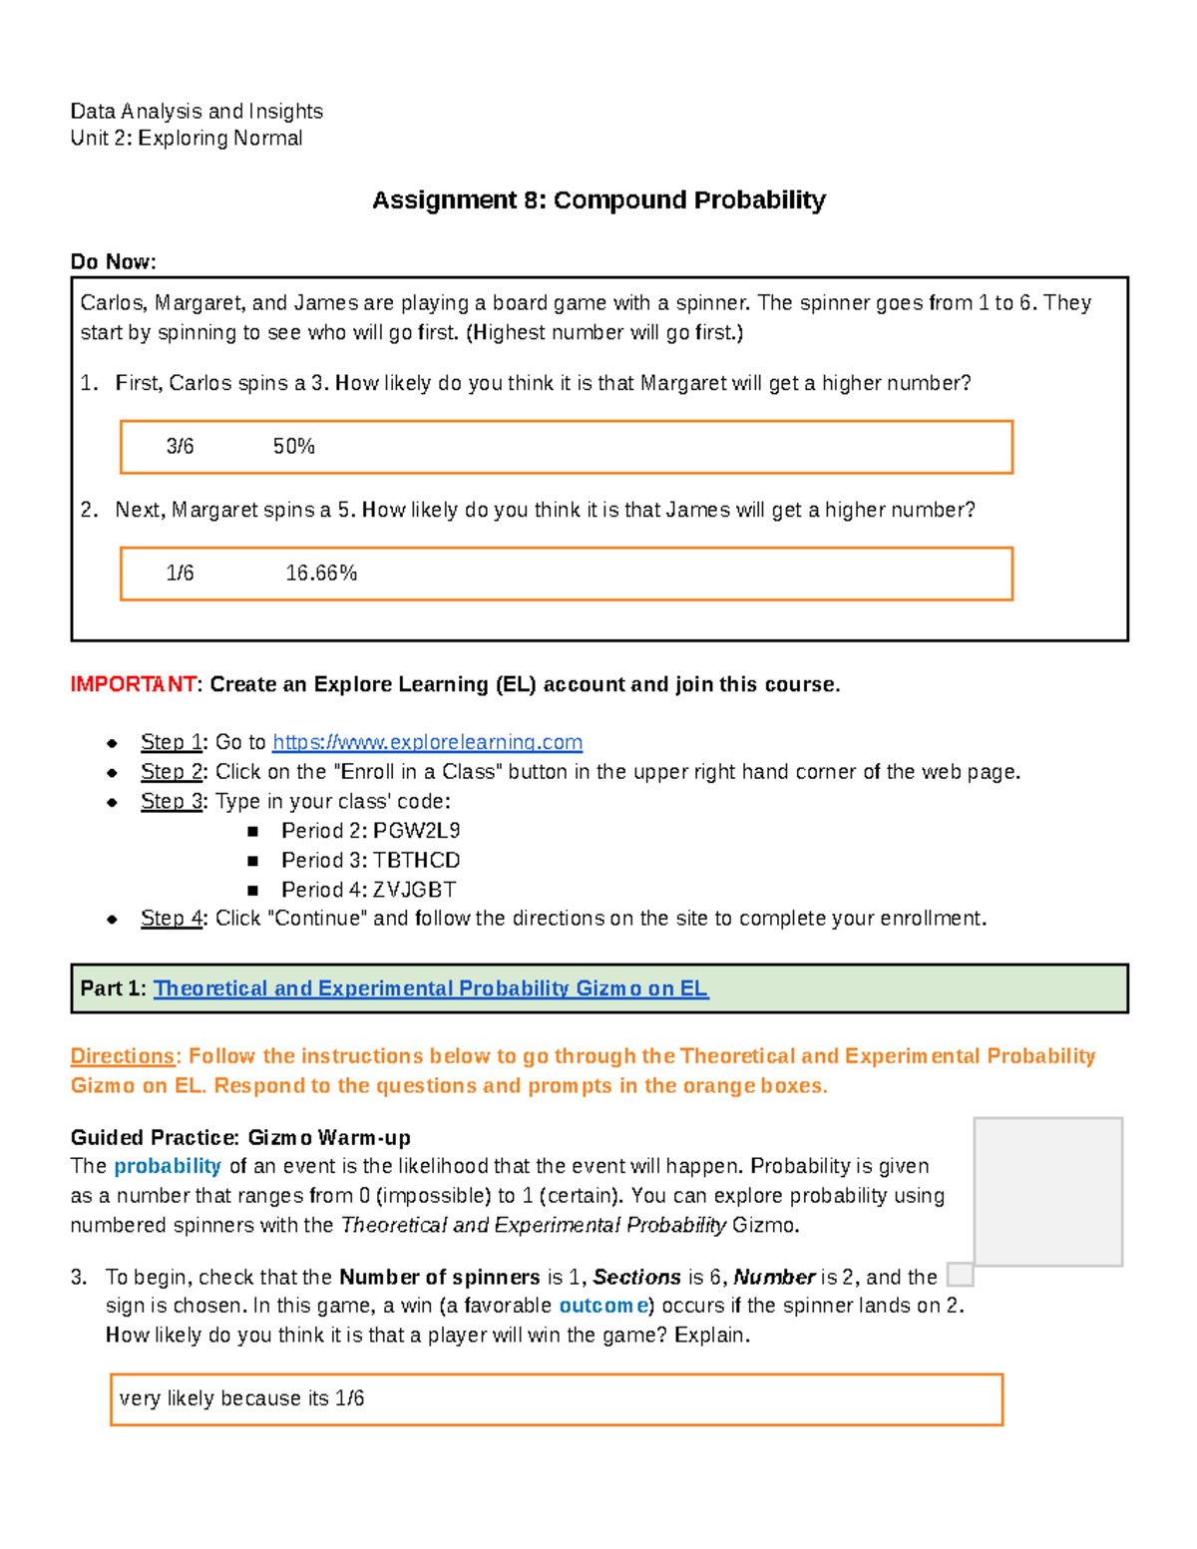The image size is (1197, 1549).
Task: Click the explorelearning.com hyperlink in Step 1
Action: click(427, 742)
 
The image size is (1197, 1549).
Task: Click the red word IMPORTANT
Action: click(133, 684)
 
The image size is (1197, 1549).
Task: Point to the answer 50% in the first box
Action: click(294, 447)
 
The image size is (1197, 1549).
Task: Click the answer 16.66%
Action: click(321, 574)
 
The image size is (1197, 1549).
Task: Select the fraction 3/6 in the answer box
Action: click(181, 447)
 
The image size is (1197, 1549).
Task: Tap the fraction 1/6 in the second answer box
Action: click(181, 574)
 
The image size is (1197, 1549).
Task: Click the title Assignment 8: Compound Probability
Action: click(598, 200)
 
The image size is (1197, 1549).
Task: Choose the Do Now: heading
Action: click(113, 262)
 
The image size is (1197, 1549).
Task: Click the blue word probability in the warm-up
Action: click(167, 1166)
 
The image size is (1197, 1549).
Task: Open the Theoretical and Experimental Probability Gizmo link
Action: click(430, 988)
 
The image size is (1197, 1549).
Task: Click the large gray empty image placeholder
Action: click(1047, 1191)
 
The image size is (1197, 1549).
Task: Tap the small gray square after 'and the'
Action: click(960, 1275)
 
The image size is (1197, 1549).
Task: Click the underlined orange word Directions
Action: click(122, 1056)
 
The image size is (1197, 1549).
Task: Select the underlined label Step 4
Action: click(172, 919)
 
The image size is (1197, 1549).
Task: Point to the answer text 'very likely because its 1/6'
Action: click(241, 1398)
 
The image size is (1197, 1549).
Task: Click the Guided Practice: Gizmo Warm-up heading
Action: click(240, 1138)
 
